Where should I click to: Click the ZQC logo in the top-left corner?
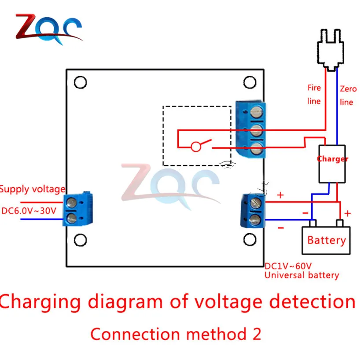(x=48, y=29)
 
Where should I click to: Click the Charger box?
(x=332, y=164)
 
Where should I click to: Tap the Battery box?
(x=326, y=241)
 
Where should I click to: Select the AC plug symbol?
(x=331, y=50)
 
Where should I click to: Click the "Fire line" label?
(x=314, y=94)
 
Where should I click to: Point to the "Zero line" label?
(x=348, y=96)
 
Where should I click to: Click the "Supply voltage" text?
(x=33, y=189)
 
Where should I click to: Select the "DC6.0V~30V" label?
(x=29, y=211)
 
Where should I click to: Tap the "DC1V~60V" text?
(x=288, y=266)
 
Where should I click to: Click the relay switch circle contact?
(x=196, y=147)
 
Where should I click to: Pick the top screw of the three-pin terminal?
(x=256, y=112)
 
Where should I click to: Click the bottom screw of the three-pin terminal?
(x=256, y=148)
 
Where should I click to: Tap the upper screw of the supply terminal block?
(x=71, y=203)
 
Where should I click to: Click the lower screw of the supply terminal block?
(x=71, y=218)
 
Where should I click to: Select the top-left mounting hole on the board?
(x=81, y=82)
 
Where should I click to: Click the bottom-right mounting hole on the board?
(x=250, y=239)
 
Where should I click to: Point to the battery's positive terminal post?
(x=340, y=223)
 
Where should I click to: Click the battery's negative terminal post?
(x=313, y=223)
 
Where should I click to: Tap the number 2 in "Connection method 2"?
(x=257, y=334)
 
